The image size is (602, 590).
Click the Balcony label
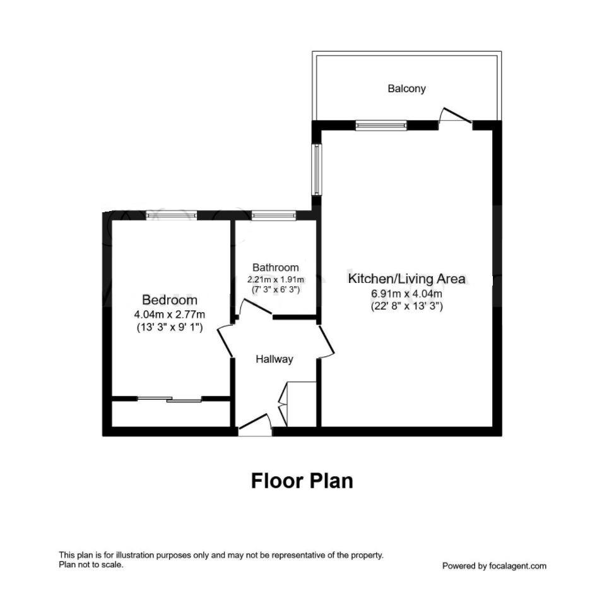[x=406, y=89]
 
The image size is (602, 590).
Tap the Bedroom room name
[x=169, y=300]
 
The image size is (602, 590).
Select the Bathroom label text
[x=275, y=267]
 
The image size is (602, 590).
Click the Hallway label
[x=274, y=359]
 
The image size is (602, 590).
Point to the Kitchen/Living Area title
[x=406, y=278]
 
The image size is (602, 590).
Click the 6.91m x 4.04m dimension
[x=406, y=294]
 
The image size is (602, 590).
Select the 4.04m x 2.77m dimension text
[x=169, y=314]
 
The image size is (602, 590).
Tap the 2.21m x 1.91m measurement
[x=275, y=279]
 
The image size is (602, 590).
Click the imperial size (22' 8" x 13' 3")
[x=406, y=306]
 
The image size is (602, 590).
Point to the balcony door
[x=456, y=117]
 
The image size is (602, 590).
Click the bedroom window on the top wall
[x=172, y=215]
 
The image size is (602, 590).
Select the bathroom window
[x=274, y=215]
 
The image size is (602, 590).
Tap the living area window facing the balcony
[x=381, y=126]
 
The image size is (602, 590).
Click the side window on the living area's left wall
[x=317, y=169]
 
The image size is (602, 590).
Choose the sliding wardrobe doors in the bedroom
[x=169, y=399]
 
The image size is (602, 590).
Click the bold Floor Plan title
[x=302, y=481]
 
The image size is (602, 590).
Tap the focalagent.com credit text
[x=494, y=566]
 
